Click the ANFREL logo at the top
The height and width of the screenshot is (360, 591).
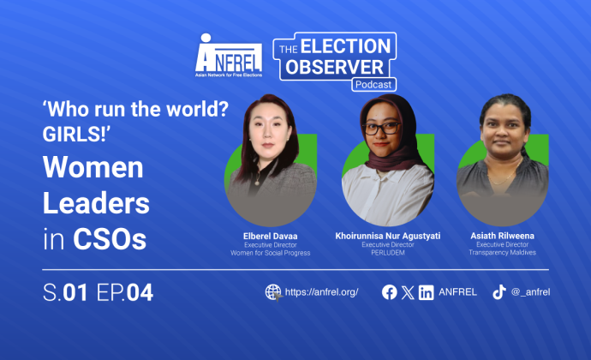point(229,56)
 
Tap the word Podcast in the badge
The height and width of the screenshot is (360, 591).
point(373,85)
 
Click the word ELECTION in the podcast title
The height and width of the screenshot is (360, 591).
point(346,46)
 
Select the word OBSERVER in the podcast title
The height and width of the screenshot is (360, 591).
point(334,67)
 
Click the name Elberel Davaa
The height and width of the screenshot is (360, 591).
point(271,237)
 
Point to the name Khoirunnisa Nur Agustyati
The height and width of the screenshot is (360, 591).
point(388,236)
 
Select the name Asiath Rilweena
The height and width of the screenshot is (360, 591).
point(502,236)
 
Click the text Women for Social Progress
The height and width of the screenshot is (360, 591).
point(271,253)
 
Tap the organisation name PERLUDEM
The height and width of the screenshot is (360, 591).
point(388,253)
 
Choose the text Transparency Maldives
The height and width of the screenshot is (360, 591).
point(502,253)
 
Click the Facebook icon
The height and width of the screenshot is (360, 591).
point(390,292)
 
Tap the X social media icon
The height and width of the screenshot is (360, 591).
point(408,292)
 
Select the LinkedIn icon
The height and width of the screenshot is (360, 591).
point(427,292)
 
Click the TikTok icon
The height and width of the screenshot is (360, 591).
point(499,292)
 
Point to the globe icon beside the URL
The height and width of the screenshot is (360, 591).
point(273,292)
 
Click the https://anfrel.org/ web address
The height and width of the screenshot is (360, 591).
point(321,292)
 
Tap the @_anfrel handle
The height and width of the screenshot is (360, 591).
point(531,292)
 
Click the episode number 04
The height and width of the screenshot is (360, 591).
point(140,292)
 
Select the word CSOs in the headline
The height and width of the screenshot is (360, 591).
point(110,239)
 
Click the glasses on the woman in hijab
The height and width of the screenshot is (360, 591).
point(381,129)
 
